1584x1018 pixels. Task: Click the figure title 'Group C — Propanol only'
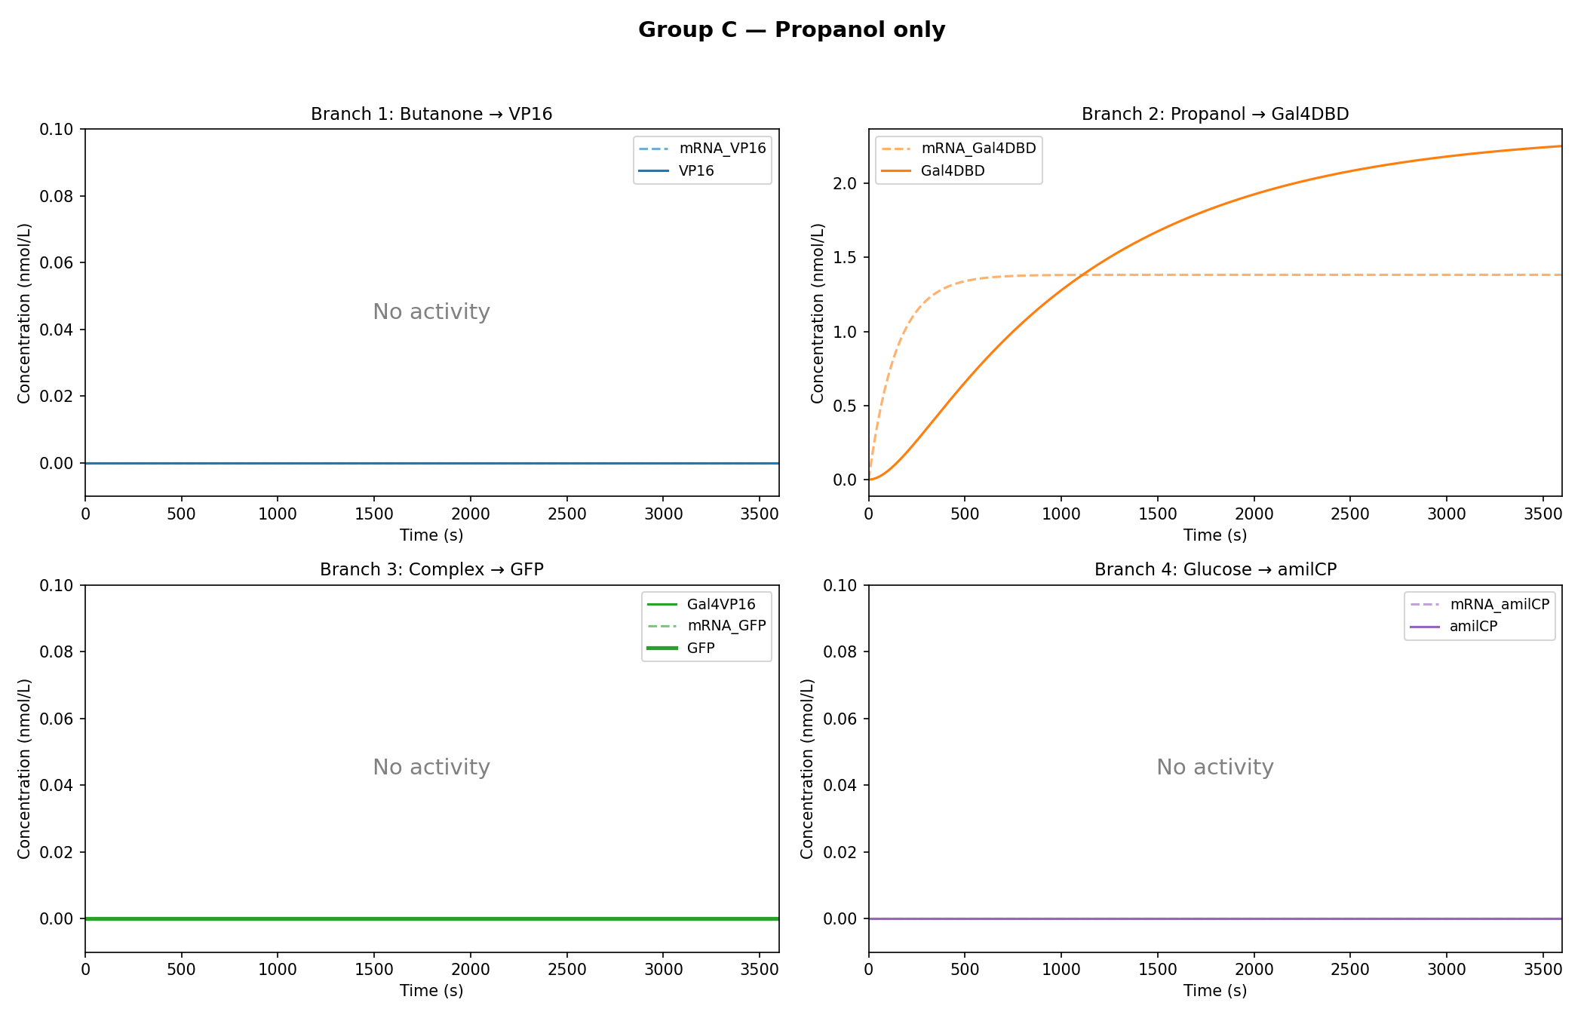[x=791, y=30]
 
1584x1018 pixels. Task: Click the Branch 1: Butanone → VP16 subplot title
[x=431, y=114]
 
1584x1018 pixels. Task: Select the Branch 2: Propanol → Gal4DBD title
[x=1214, y=114]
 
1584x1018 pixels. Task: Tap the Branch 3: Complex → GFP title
[x=431, y=569]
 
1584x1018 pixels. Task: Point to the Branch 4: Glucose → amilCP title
[x=1214, y=569]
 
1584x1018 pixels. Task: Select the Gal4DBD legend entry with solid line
[x=952, y=171]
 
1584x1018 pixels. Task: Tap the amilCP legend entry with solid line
[x=1472, y=627]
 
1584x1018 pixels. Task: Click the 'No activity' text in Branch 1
[x=431, y=311]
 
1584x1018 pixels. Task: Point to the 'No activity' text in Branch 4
[x=1214, y=767]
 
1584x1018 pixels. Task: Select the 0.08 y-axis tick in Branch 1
[x=57, y=196]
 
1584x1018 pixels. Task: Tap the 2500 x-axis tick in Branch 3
[x=566, y=969]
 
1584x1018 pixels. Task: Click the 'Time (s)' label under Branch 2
[x=1214, y=535]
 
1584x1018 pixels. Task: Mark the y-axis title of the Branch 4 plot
[x=807, y=768]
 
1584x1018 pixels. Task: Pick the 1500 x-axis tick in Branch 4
[x=1157, y=969]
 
